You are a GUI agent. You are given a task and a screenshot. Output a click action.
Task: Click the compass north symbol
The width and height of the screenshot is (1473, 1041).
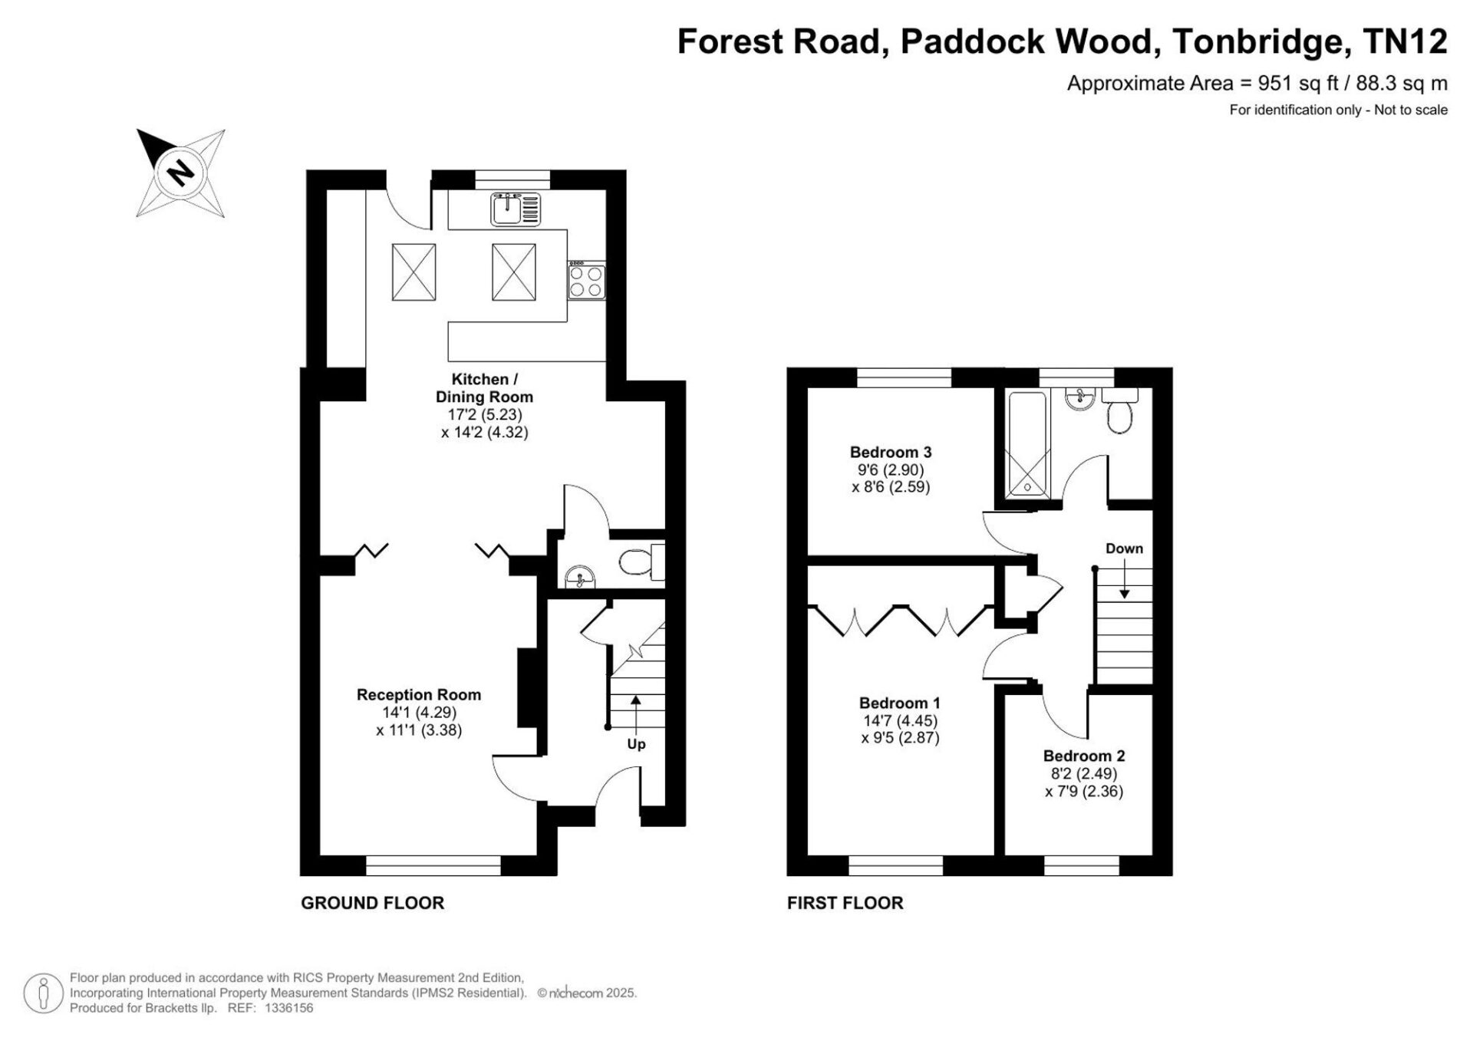click(181, 173)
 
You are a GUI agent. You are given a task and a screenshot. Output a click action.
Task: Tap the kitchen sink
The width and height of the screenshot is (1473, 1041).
click(516, 209)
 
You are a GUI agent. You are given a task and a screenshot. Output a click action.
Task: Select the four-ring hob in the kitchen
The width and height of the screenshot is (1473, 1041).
click(586, 280)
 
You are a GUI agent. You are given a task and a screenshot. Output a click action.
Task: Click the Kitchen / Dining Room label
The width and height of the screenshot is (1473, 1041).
click(484, 388)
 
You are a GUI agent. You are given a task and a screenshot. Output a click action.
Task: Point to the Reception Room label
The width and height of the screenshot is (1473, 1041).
click(419, 694)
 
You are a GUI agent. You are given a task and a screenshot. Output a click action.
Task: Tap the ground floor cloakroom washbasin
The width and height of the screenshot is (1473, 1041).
click(580, 575)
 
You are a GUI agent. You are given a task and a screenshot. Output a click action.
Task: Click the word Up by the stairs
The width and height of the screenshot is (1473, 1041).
click(636, 744)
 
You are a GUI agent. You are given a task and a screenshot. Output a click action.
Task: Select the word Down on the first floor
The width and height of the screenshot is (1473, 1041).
click(1124, 549)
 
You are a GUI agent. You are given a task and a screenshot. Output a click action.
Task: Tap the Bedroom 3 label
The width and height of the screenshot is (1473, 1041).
click(891, 452)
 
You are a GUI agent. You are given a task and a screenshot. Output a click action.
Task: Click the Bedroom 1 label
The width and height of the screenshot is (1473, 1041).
click(900, 703)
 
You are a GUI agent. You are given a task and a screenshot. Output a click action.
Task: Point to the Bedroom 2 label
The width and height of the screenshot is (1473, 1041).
click(1084, 756)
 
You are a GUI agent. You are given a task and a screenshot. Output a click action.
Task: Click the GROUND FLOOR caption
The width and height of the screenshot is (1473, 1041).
click(372, 903)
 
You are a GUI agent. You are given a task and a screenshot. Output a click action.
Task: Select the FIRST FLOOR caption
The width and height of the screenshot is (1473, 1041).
click(845, 903)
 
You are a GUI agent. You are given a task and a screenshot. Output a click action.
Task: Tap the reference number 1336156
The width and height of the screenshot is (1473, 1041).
click(288, 1009)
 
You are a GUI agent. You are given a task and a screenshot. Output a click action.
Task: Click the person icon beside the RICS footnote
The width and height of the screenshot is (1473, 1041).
click(44, 993)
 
